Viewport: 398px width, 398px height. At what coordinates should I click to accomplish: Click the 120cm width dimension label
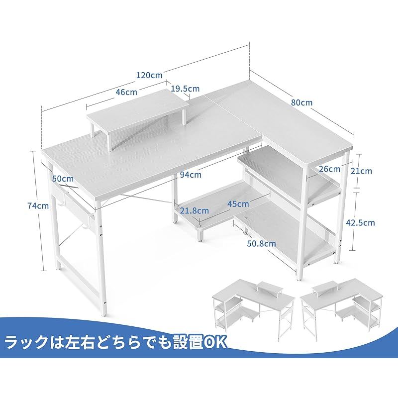(149, 75)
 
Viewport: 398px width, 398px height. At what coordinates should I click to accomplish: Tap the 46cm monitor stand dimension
(126, 92)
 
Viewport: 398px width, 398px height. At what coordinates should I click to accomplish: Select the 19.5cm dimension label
(185, 89)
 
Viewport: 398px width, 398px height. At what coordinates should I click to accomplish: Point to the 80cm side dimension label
(301, 102)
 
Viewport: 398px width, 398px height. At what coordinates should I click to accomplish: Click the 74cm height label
(38, 205)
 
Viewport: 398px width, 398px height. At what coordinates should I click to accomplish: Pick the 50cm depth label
(63, 179)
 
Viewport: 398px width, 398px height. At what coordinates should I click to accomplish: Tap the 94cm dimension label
(191, 175)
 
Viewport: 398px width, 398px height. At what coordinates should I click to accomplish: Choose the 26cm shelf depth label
(329, 169)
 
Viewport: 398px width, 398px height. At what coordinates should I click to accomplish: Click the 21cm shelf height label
(361, 171)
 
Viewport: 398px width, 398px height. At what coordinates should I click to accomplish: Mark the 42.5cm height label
(360, 222)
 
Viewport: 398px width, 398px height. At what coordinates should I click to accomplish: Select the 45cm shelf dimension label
(238, 204)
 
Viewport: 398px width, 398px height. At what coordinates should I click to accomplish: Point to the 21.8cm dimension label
(195, 210)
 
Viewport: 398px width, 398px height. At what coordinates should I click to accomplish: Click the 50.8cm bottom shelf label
(262, 244)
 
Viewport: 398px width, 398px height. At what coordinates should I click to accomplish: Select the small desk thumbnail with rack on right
(342, 307)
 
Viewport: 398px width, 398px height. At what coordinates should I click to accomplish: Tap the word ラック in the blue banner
(26, 343)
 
